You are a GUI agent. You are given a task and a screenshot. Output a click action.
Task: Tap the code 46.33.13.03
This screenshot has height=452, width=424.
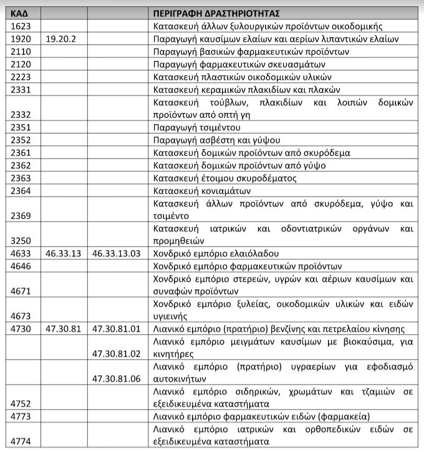coord(117,254)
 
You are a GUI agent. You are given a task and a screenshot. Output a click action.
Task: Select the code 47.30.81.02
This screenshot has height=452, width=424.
coord(117,353)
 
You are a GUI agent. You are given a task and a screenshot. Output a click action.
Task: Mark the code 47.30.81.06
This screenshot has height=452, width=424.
coord(117,378)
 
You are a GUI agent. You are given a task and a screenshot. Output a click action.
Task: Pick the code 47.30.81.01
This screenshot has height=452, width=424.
coord(117,329)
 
